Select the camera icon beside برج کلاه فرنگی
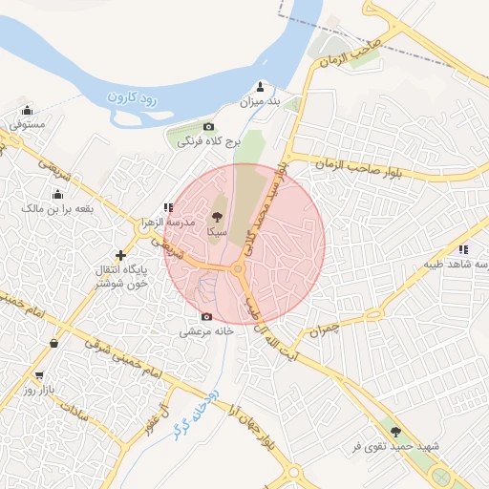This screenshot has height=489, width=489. pos(208,127)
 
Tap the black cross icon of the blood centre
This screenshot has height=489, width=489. pos(120,255)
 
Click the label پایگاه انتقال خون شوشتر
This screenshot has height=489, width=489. pos(120,277)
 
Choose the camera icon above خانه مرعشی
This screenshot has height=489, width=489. pos(206,316)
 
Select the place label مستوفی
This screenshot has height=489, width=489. pos(27,125)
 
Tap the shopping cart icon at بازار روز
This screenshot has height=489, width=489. pos(39,375)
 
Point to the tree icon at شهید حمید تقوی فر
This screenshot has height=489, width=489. pos(395,432)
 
